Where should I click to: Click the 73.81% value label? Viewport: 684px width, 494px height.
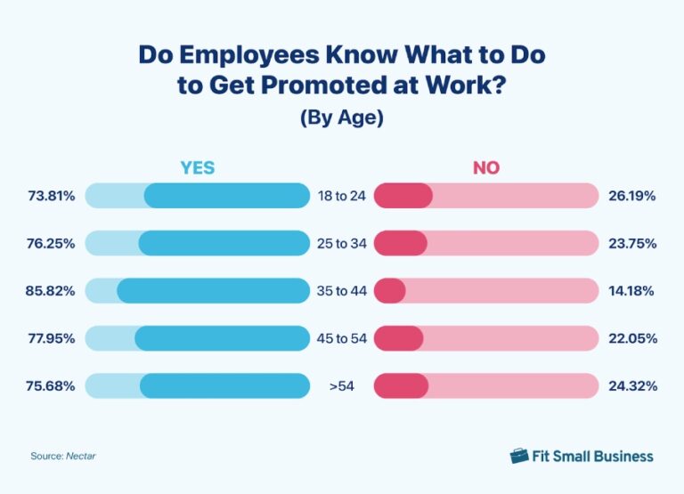(x=50, y=195)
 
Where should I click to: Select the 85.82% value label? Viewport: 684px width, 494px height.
(x=50, y=290)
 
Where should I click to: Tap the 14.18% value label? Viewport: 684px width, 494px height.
(x=633, y=290)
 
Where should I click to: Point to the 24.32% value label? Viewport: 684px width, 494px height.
(x=633, y=386)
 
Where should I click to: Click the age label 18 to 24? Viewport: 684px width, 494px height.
(x=341, y=195)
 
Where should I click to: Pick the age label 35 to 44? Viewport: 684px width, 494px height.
(x=341, y=290)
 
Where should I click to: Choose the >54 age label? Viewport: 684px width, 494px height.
(x=341, y=386)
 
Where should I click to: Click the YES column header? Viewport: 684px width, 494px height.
(x=197, y=167)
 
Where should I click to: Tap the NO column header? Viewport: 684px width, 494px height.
(x=485, y=167)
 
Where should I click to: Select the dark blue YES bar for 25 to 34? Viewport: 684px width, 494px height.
(x=224, y=243)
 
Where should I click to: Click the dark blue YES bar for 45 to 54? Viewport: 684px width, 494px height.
(x=222, y=338)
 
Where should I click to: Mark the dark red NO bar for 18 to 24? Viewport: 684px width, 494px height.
(x=403, y=195)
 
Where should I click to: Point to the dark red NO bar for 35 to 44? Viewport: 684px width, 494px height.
(x=390, y=290)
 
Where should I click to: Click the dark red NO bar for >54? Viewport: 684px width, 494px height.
(x=402, y=386)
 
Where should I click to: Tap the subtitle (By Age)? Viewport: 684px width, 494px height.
(x=341, y=117)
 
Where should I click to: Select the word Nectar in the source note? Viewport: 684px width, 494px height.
(x=80, y=456)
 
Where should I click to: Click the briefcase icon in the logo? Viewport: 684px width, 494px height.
(x=519, y=456)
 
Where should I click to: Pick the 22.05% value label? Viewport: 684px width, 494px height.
(x=633, y=338)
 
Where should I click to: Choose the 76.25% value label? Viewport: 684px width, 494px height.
(x=50, y=243)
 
